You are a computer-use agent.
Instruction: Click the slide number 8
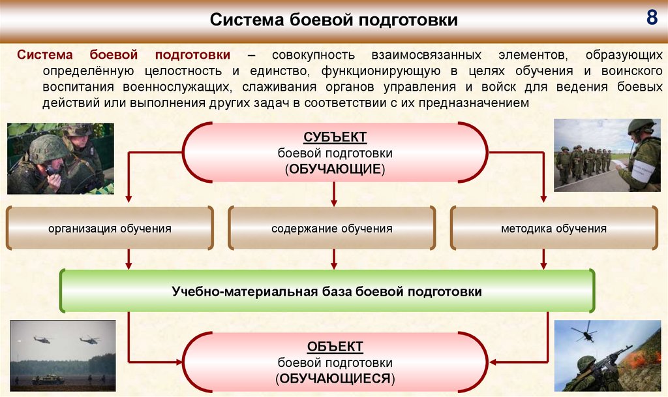652,18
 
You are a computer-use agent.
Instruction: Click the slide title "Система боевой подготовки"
333,20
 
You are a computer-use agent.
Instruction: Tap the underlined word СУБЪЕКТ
335,138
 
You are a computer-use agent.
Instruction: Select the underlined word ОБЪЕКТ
335,346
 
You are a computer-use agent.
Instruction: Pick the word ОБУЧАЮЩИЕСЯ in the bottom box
335,378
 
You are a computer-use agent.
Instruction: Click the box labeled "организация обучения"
110,229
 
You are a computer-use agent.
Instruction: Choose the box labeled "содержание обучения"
332,229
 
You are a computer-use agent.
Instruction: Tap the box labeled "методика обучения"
554,229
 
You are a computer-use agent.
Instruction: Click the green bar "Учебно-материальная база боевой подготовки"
327,291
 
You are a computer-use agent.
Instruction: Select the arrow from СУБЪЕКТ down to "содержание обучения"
335,194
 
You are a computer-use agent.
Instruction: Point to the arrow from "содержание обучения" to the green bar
335,259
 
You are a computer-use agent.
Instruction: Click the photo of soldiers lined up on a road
607,155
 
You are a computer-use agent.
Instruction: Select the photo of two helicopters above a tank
63,355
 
